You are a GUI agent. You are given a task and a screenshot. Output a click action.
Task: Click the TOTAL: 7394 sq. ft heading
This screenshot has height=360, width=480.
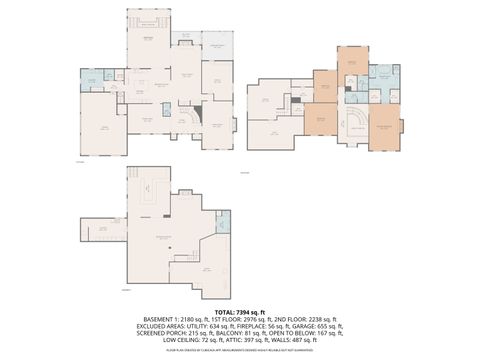coord(240,312)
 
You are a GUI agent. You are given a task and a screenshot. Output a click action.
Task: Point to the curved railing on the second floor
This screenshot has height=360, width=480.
coord(353,122)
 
